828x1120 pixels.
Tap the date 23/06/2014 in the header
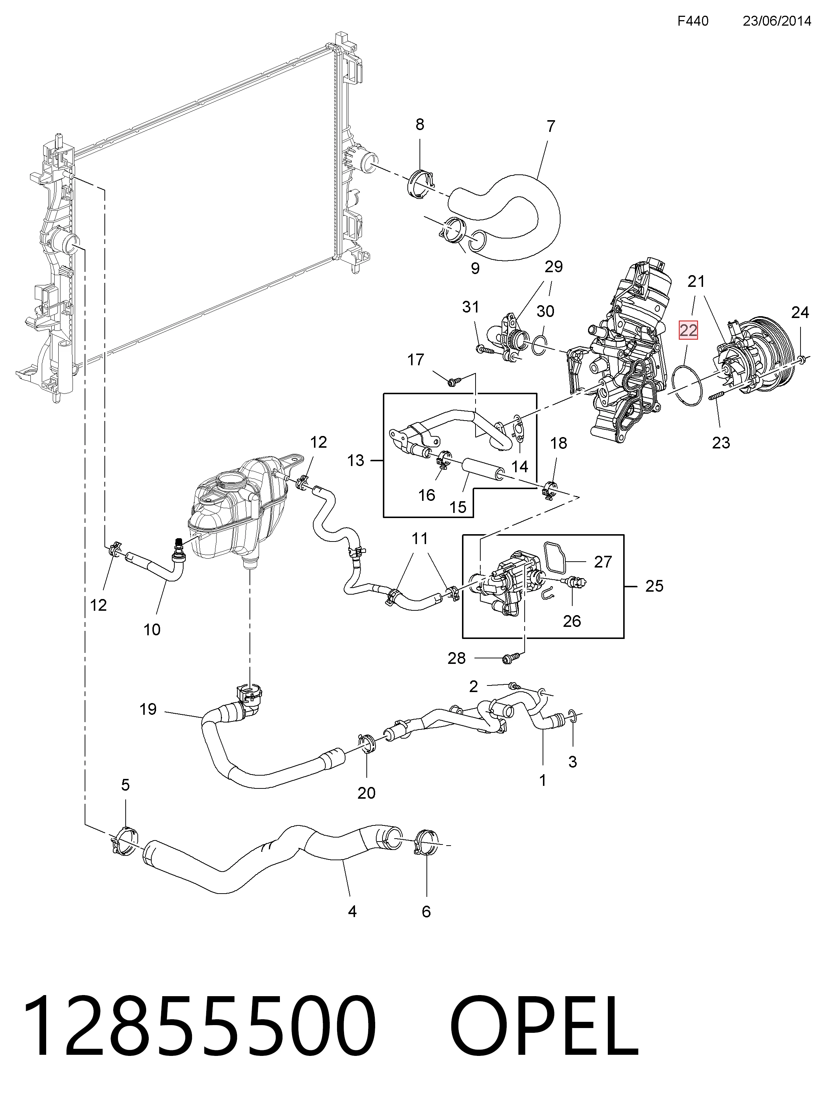click(x=777, y=21)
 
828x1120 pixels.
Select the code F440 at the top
click(x=693, y=21)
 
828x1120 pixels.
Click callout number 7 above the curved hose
click(x=551, y=126)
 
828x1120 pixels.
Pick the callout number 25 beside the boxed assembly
click(x=654, y=586)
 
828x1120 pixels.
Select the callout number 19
click(x=148, y=709)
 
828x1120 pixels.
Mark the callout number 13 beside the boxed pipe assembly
click(x=355, y=460)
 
